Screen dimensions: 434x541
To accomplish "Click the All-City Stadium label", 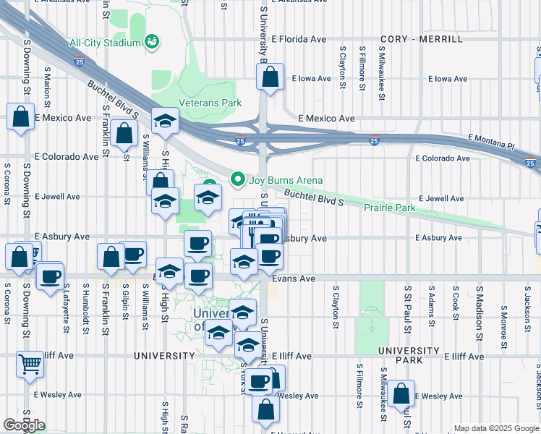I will point(104,43).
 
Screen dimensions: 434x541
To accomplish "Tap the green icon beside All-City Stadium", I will point(152,42).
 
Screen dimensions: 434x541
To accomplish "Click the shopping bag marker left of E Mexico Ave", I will point(21,116).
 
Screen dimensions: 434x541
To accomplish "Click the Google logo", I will point(24,425).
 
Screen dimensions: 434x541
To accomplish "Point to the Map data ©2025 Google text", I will point(496,428).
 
